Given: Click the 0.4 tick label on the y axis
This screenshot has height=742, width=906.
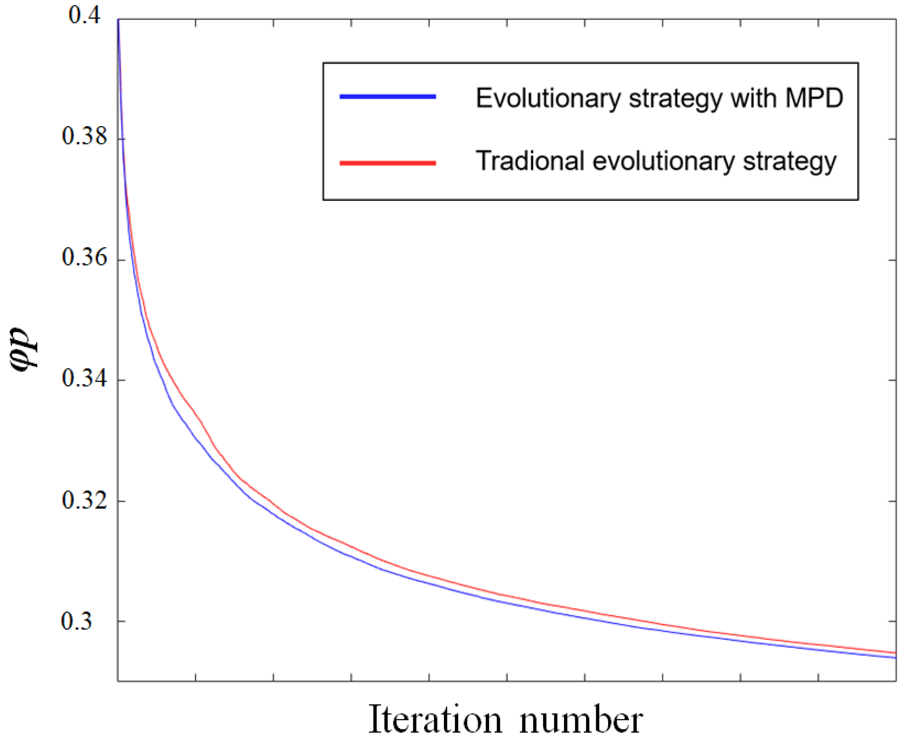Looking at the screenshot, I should (x=85, y=16).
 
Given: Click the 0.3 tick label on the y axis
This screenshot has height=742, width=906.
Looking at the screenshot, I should (x=77, y=621).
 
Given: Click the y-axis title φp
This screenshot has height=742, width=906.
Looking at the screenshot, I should (x=24, y=350).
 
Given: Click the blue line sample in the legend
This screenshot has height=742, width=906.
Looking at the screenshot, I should (x=387, y=97).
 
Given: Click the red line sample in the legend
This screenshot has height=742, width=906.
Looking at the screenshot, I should (x=387, y=163).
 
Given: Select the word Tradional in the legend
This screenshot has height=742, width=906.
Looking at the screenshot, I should (x=530, y=161).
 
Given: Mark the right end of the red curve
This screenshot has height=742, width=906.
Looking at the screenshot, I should (x=895, y=653).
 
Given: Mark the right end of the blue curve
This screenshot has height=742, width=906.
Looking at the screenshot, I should (x=895, y=658).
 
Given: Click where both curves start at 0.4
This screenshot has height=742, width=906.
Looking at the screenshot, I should (x=118, y=20).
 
